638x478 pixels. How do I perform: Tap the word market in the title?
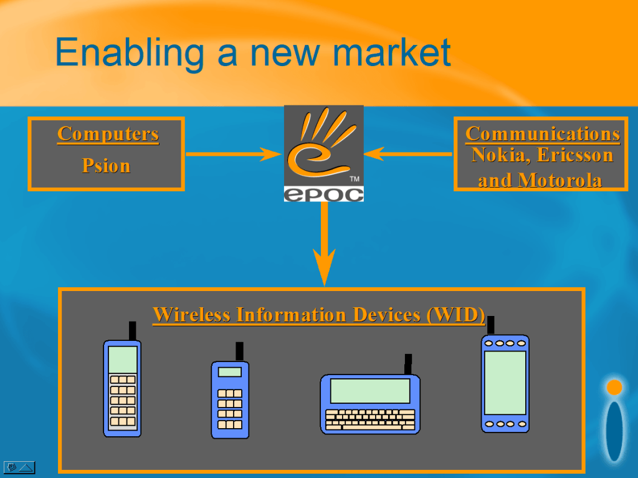[391, 52]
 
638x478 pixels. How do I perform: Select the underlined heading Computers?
[108, 134]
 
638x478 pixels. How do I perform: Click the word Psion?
[106, 166]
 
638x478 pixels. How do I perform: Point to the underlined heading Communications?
[543, 133]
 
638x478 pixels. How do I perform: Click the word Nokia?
[501, 155]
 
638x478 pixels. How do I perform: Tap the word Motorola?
[559, 180]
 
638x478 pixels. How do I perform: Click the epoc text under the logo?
[323, 194]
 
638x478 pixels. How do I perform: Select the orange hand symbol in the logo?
[321, 142]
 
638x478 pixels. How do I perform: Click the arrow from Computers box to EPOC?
[234, 155]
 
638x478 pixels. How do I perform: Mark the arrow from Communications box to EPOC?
[407, 154]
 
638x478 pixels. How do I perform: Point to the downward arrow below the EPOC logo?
[324, 244]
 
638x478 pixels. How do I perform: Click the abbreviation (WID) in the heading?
[455, 315]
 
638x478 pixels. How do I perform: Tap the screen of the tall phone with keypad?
[123, 360]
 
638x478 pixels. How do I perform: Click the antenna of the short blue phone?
[240, 351]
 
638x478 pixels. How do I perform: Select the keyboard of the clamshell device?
[370, 420]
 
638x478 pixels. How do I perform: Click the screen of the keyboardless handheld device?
[505, 383]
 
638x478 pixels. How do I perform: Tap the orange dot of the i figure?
[614, 387]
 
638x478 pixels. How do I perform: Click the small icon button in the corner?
[19, 467]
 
